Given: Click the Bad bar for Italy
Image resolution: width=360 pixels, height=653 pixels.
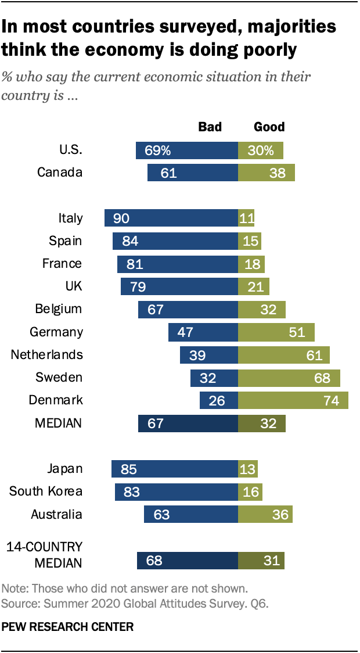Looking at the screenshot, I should click(x=171, y=218).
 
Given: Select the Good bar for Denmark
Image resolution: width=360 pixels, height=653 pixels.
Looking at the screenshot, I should click(x=293, y=400).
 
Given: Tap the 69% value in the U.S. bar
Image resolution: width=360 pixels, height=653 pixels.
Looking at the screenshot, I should click(x=157, y=150).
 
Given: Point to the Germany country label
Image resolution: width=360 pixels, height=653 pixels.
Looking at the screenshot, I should click(x=56, y=332).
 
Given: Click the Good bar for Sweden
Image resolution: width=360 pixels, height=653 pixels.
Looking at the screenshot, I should click(x=289, y=378).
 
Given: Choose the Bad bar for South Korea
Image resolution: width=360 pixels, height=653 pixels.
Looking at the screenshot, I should click(x=177, y=491).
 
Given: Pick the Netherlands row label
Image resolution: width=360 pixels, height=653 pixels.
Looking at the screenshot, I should click(x=47, y=355).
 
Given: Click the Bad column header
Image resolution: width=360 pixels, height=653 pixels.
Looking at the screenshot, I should click(x=210, y=127).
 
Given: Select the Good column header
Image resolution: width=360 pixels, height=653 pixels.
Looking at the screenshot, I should click(x=269, y=127).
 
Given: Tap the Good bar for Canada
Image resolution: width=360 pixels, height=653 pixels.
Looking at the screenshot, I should click(x=267, y=173).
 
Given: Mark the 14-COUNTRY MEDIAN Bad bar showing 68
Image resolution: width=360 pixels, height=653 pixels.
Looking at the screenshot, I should click(x=188, y=561).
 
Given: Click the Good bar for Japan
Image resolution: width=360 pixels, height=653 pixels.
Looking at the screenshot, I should click(x=248, y=469).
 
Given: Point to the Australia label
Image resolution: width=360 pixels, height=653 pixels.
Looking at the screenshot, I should click(x=57, y=515).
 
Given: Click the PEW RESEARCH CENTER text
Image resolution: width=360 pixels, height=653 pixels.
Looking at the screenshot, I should click(x=68, y=627).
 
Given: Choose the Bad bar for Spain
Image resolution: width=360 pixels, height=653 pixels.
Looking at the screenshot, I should click(x=175, y=241).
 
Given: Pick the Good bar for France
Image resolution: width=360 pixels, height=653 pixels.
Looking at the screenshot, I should click(x=251, y=264).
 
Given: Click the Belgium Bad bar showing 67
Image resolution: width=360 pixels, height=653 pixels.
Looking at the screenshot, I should click(x=188, y=309).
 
